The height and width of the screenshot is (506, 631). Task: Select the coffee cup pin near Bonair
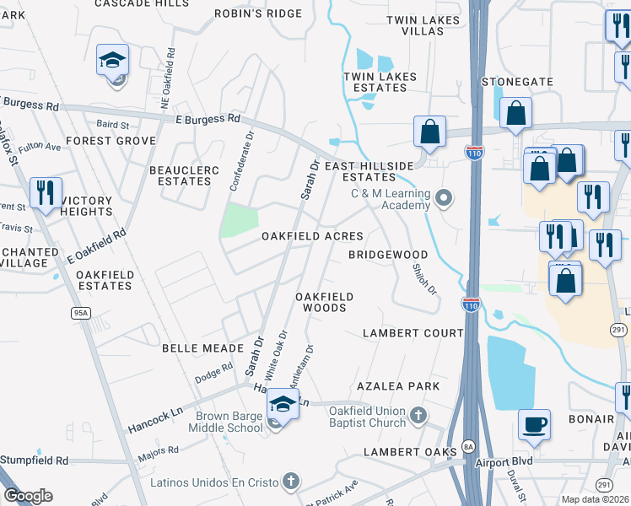535,423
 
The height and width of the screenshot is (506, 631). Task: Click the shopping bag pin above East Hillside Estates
429,132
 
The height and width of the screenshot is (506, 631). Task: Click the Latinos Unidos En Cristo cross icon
290,482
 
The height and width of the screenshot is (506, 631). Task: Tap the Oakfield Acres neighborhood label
312,237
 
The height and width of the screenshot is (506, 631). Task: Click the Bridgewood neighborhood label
389,255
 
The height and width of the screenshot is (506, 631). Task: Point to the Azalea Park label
398,386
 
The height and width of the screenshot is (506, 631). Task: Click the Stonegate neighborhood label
517,82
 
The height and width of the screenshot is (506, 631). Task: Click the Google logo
29,496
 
